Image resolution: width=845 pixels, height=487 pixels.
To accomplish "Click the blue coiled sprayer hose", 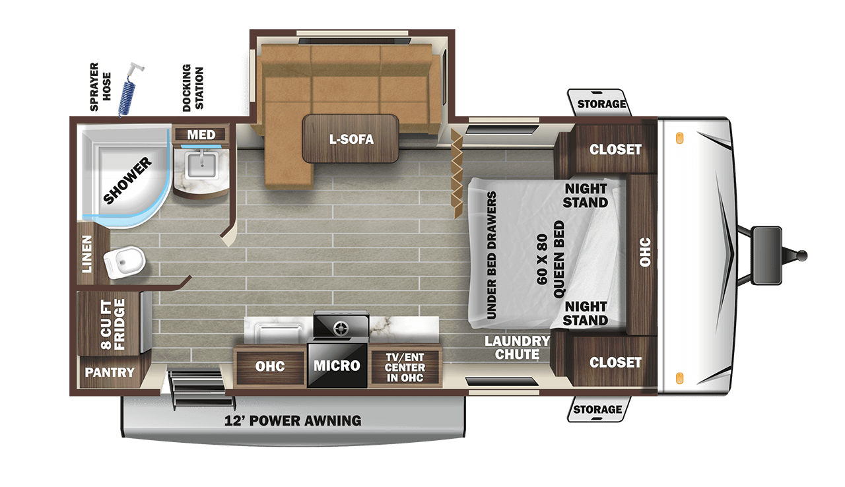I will click(x=128, y=92).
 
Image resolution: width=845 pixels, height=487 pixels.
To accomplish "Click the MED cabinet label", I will click(x=201, y=135).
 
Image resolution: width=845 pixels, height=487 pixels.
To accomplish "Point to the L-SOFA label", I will click(x=351, y=139).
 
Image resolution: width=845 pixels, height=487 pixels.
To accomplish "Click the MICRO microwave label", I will click(x=337, y=365).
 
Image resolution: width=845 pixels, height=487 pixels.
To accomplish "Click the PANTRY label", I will click(x=110, y=372).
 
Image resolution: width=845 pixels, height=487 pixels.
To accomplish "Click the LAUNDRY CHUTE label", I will click(x=517, y=348).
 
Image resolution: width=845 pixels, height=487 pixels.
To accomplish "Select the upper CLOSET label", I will click(x=615, y=149).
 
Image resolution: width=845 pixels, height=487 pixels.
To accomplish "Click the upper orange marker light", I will click(x=678, y=139).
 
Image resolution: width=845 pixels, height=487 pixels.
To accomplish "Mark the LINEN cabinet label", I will click(x=87, y=253).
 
